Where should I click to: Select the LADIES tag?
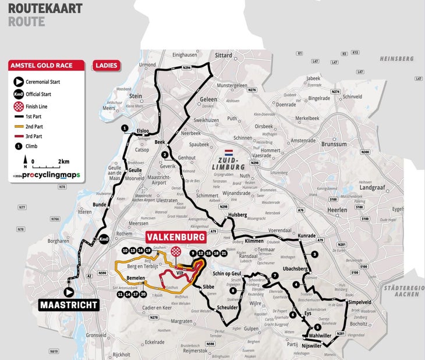(105, 65)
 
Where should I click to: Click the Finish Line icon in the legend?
(19, 106)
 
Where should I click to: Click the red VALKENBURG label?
(175, 237)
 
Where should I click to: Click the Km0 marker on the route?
(103, 239)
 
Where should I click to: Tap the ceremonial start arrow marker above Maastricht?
(69, 292)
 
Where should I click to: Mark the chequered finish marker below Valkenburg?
(176, 251)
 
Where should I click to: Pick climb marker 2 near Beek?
(165, 155)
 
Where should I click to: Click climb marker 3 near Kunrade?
(314, 254)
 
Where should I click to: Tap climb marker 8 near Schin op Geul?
(233, 290)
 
